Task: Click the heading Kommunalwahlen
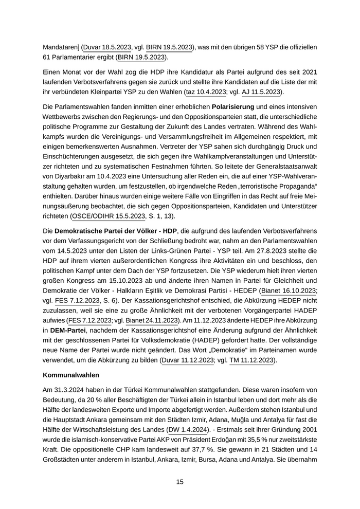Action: pos(71,375)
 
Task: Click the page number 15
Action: pos(179,482)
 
